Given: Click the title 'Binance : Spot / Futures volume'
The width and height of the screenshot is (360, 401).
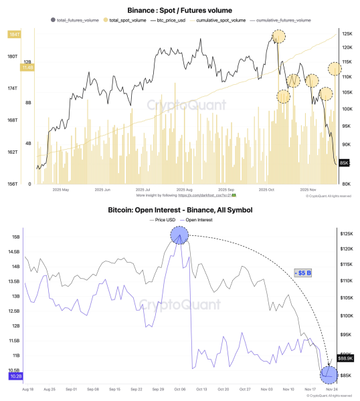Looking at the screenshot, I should click(x=179, y=11).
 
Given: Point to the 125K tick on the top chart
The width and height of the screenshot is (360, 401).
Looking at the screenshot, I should click(x=347, y=33).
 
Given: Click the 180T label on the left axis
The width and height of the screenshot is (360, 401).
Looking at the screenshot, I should click(x=12, y=57).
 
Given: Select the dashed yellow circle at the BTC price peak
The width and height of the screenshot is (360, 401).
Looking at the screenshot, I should click(x=279, y=38).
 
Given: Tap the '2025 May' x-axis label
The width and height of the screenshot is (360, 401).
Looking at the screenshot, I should click(x=61, y=190).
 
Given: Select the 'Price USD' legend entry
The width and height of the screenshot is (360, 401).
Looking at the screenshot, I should click(x=163, y=220).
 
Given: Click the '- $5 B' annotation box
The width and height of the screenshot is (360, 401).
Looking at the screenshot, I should click(x=304, y=272).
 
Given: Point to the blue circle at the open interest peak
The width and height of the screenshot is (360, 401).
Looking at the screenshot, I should click(x=179, y=235).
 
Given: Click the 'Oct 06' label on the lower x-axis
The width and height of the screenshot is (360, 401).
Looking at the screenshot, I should click(x=179, y=388).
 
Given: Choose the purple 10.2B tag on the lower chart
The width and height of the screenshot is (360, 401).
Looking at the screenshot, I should click(x=15, y=376).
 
